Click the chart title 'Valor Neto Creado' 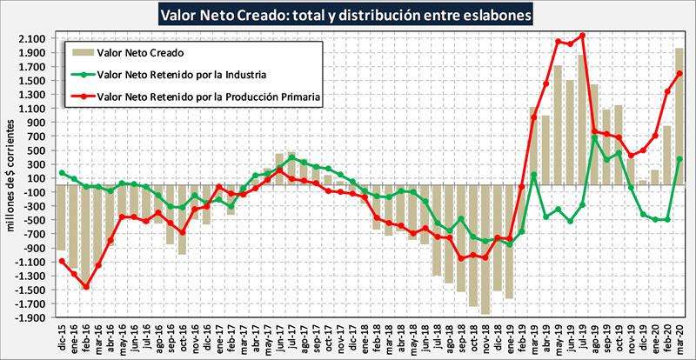click(x=348, y=15)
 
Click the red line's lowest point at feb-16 click(x=86, y=286)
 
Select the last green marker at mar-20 click(x=679, y=159)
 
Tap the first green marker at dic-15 click(x=62, y=173)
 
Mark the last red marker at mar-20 click(x=679, y=74)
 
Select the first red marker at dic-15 click(x=62, y=260)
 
